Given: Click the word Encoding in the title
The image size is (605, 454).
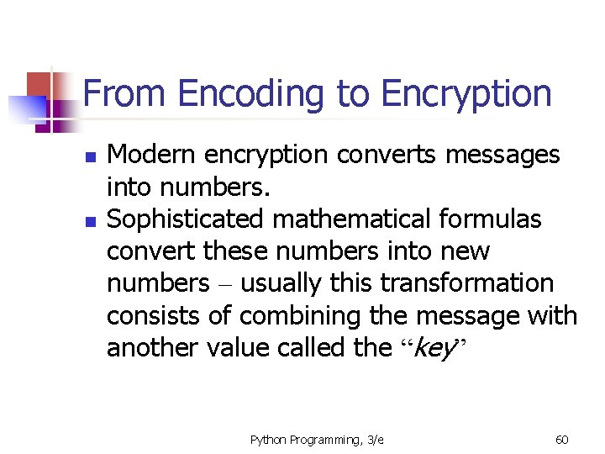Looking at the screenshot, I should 251,94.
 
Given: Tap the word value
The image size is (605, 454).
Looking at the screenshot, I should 235,347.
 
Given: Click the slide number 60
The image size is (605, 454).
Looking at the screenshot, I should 562,439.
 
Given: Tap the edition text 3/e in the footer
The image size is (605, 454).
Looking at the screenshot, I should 373,439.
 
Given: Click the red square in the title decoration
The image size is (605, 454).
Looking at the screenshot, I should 40,84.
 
